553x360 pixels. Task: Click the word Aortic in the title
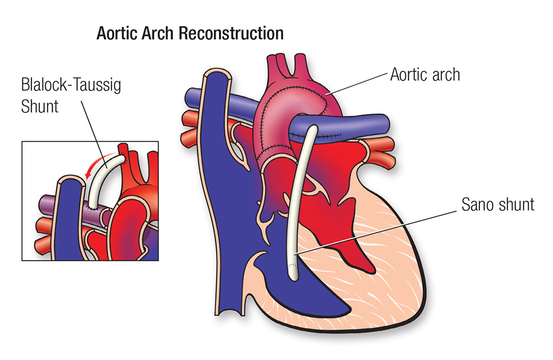[117, 34]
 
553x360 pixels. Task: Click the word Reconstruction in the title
[231, 34]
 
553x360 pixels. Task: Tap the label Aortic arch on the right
[425, 75]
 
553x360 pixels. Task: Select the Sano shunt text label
[498, 205]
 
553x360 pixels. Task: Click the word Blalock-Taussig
[71, 85]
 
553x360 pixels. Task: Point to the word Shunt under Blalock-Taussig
[39, 107]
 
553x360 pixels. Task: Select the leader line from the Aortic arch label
[357, 84]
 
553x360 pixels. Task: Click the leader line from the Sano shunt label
[376, 233]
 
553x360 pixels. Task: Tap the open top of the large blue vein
[217, 74]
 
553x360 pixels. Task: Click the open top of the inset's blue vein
[71, 181]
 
